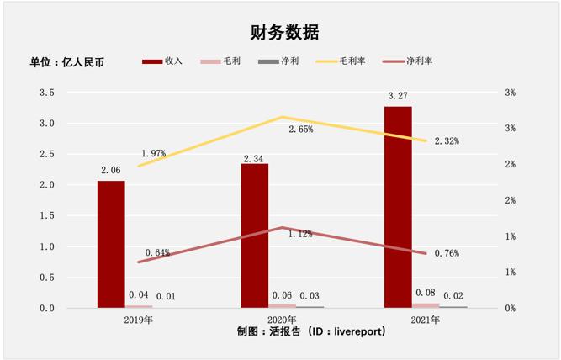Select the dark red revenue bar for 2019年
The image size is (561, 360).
click(111, 244)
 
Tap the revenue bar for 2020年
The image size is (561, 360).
click(254, 236)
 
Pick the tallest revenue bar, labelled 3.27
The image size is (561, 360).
click(398, 206)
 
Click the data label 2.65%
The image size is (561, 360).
click(300, 130)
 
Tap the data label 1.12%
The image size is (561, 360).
click(300, 234)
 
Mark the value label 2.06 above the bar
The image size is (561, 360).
click(110, 171)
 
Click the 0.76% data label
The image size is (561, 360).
click(447, 253)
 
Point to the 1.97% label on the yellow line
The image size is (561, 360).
click(154, 153)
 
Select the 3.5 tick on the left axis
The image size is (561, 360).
click(46, 93)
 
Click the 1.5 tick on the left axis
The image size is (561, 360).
click(46, 216)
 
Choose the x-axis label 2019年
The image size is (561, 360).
click(139, 320)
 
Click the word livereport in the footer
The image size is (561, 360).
click(357, 331)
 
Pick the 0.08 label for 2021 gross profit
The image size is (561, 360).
click(426, 294)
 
